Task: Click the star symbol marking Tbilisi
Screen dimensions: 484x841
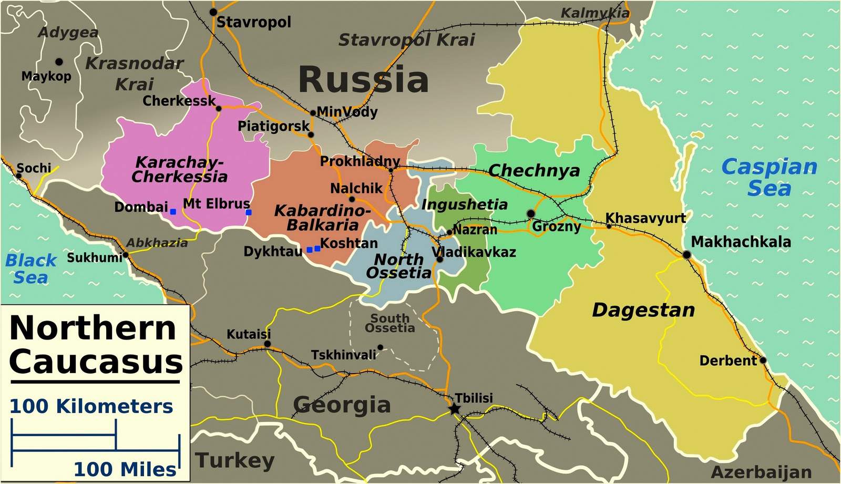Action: coord(454,409)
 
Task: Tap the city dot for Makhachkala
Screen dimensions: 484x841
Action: coord(686,255)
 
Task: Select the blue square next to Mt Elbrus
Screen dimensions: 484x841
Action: coord(249,212)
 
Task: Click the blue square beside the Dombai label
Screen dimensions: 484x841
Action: coord(173,212)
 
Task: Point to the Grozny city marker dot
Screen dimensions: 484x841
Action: coord(531,213)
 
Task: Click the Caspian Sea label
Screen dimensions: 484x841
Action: coord(769,177)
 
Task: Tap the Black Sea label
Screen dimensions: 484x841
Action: coord(30,268)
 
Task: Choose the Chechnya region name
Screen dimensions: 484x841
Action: coord(534,171)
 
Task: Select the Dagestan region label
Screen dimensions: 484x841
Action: coord(643,310)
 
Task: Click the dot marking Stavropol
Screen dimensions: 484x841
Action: coord(213,12)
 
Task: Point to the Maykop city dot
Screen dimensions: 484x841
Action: coord(59,62)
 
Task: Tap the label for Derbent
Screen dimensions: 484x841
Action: coord(727,361)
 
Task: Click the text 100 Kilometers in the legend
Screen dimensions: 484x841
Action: coord(91,406)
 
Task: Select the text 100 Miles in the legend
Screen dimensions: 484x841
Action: coord(125,469)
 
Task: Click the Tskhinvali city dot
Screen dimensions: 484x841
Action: coord(380,347)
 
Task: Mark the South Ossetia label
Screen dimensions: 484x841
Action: coord(389,323)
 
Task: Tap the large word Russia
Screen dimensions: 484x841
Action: coord(363,80)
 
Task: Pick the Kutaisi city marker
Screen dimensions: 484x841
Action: coord(267,344)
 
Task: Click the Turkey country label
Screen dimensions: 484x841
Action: coord(235,460)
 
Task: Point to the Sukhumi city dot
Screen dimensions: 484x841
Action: coord(126,255)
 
